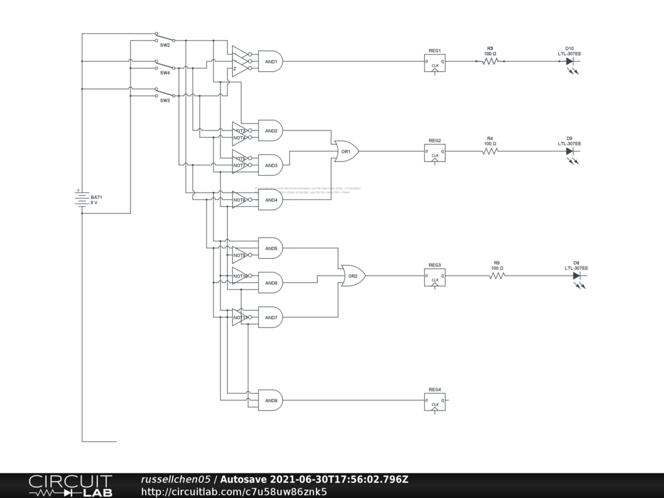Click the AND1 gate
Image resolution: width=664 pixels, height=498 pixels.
pyautogui.click(x=270, y=62)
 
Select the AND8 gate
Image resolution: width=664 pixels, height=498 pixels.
pyautogui.click(x=270, y=400)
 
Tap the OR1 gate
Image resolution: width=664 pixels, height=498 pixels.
pyautogui.click(x=346, y=151)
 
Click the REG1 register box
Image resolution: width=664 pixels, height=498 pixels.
pyautogui.click(x=434, y=63)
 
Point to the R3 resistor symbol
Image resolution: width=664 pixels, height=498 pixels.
pyautogui.click(x=490, y=62)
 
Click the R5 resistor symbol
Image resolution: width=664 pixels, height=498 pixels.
pyautogui.click(x=497, y=276)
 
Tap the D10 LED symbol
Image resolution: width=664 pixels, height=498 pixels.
pyautogui.click(x=569, y=62)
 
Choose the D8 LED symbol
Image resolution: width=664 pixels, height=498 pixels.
pyautogui.click(x=576, y=276)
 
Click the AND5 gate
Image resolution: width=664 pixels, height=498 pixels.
pyautogui.click(x=270, y=248)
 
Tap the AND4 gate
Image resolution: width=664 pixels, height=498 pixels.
pyautogui.click(x=270, y=200)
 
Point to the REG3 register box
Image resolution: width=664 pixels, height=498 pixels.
pyautogui.click(x=434, y=277)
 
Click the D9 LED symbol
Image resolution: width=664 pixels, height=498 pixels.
pyautogui.click(x=569, y=151)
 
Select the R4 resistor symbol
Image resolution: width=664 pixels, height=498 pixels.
pyautogui.click(x=490, y=151)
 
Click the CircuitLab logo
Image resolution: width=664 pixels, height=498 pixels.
pyautogui.click(x=70, y=486)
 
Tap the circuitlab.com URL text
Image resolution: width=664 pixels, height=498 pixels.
pyautogui.click(x=233, y=492)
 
